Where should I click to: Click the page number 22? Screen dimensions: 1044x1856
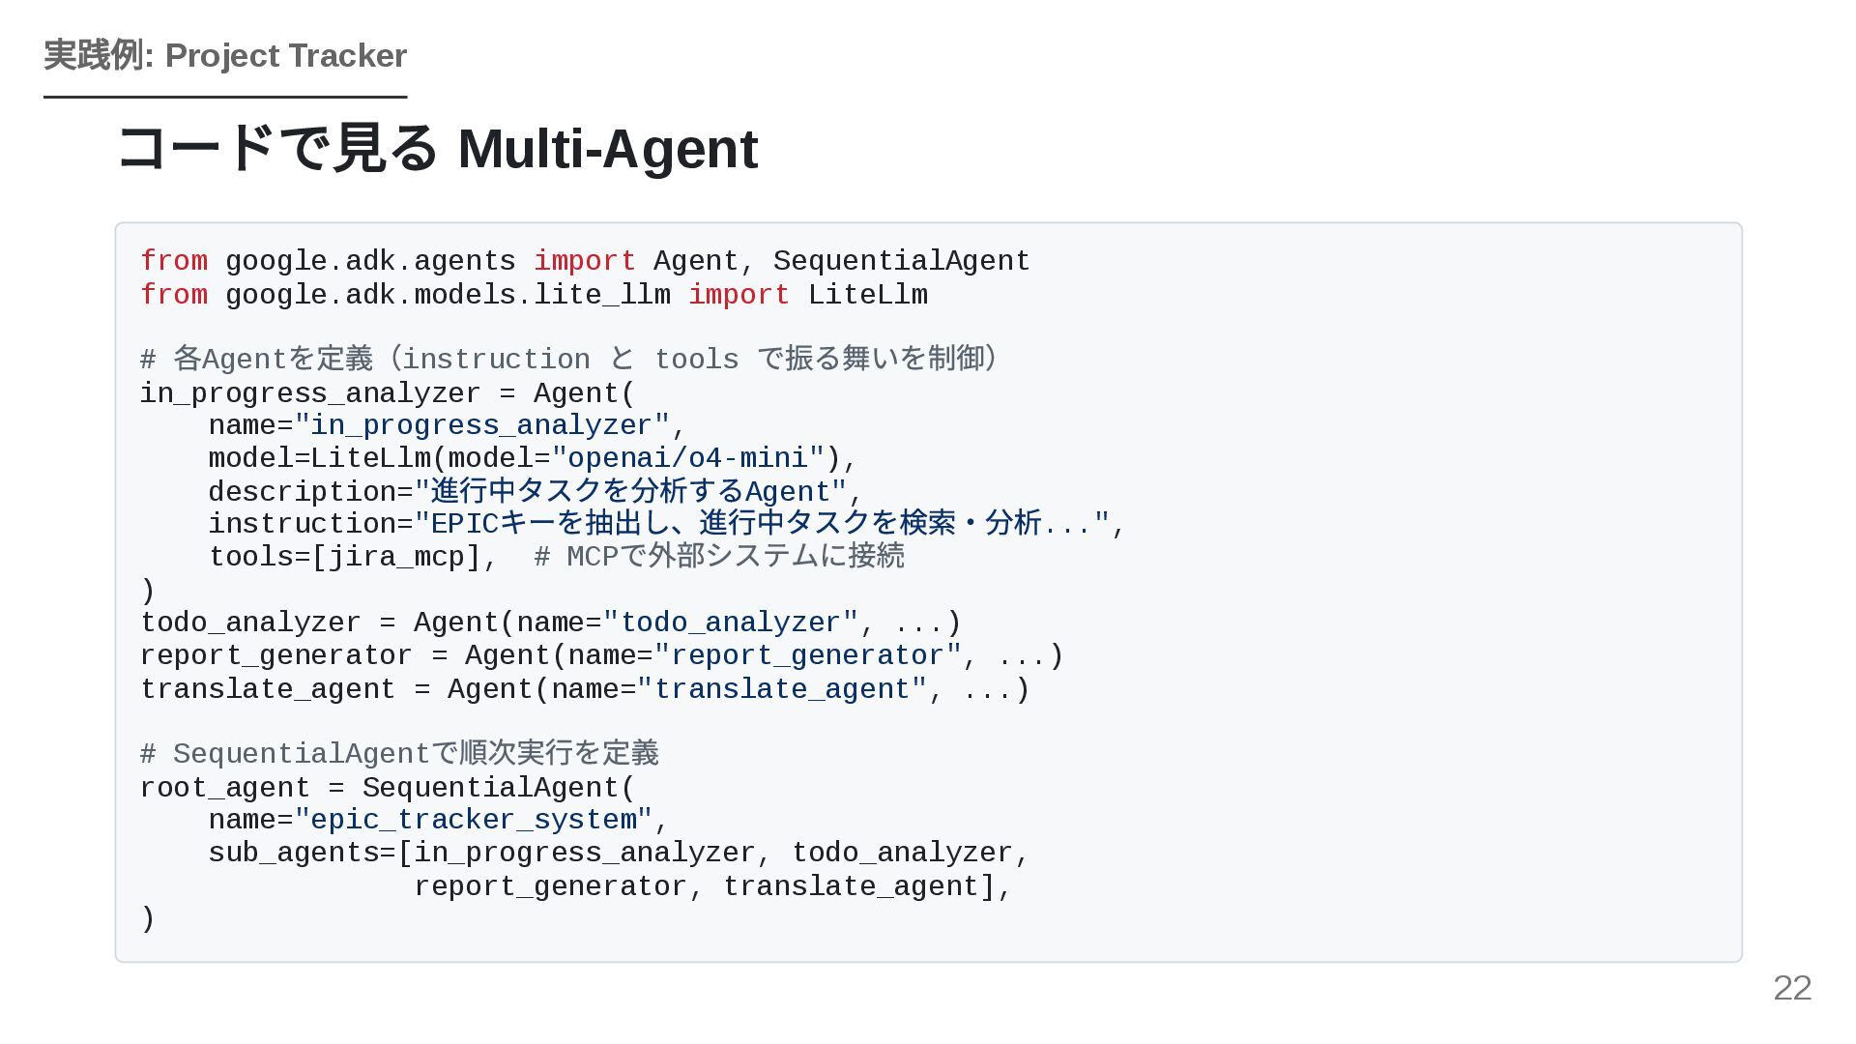click(x=1791, y=988)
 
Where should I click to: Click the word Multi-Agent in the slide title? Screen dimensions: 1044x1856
click(x=608, y=149)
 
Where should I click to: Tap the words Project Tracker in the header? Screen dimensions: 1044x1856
click(x=285, y=56)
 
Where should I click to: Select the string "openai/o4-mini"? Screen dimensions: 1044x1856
click(x=688, y=458)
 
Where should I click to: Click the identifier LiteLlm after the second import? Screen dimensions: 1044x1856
click(x=867, y=295)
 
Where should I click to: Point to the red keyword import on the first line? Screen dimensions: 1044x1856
click(x=584, y=261)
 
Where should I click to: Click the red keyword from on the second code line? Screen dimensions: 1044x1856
click(x=174, y=295)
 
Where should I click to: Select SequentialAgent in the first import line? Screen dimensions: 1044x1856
click(x=901, y=261)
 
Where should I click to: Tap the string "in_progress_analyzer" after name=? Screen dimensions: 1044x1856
click(x=481, y=425)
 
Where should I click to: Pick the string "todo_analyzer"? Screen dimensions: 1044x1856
click(x=730, y=623)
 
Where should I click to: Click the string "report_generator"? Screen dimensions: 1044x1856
click(x=807, y=655)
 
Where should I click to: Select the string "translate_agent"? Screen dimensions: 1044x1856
click(x=782, y=689)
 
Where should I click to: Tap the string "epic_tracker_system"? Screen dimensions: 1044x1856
click(x=474, y=820)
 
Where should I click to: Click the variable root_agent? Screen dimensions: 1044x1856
click(x=224, y=788)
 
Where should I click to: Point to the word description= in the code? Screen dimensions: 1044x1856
click(x=310, y=492)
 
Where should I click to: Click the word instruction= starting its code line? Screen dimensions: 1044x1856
click(x=310, y=524)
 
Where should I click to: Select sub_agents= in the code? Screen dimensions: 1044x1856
click(x=303, y=853)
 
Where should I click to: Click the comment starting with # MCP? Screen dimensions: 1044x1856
click(x=718, y=557)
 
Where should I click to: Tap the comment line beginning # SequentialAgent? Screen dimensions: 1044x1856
click(x=399, y=753)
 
